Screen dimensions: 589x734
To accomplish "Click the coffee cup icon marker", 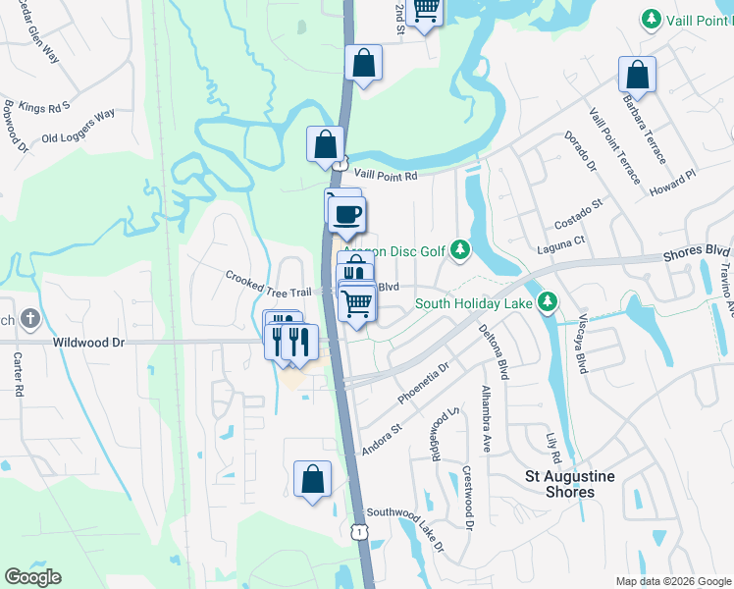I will coord(347,213).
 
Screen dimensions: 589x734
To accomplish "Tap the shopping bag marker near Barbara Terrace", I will coord(637,75).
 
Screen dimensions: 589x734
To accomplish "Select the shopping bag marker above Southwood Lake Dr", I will coord(312,480).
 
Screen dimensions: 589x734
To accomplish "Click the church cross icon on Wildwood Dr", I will coord(30,319).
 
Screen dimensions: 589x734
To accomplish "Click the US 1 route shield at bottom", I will coord(360,530).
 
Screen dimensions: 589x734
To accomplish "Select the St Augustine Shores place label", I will coord(570,484).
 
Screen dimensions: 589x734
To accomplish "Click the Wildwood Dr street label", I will coord(88,343).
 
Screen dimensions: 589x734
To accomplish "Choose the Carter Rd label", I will coord(18,368).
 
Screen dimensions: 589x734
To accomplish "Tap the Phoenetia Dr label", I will coord(423,383).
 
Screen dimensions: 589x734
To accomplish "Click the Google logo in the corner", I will coord(32,577).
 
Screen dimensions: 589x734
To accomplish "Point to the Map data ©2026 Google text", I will coord(672,581).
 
